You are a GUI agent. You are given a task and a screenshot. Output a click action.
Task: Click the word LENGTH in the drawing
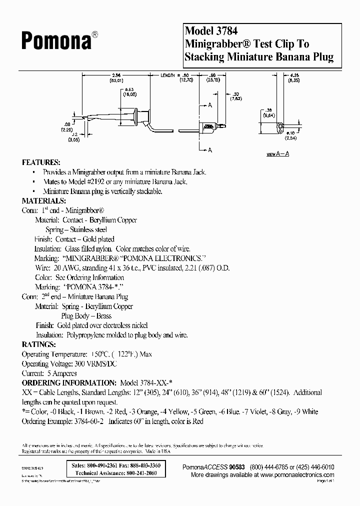(168, 75)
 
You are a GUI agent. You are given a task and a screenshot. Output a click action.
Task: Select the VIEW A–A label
(277, 154)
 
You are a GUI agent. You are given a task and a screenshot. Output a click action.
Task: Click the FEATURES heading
(41, 163)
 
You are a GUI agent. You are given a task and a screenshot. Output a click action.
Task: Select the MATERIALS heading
(44, 201)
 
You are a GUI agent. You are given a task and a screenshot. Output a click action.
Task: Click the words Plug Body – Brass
(86, 315)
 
